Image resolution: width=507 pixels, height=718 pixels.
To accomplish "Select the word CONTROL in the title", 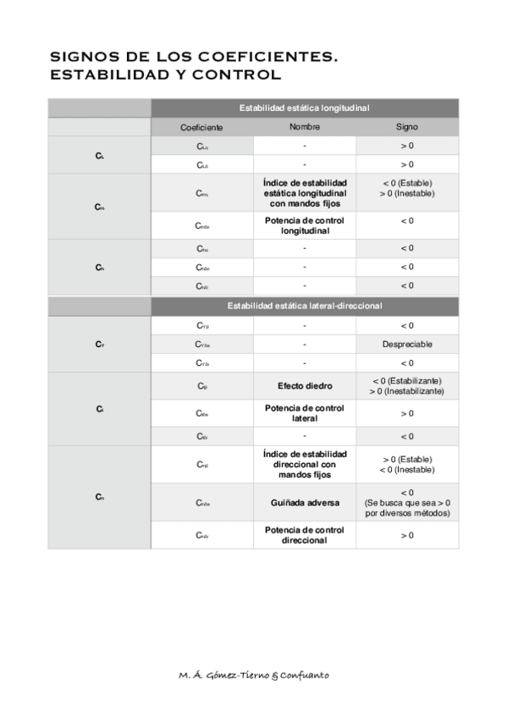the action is (x=240, y=75).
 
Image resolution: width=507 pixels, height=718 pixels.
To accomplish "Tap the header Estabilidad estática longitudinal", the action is (x=304, y=108).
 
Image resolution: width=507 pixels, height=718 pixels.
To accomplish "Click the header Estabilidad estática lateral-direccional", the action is (x=304, y=305).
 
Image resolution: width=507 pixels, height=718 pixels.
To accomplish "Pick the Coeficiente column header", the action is (x=201, y=127).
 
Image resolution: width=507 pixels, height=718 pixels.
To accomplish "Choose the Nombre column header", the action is (x=304, y=127).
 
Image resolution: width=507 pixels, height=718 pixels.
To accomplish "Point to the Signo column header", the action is (x=406, y=127).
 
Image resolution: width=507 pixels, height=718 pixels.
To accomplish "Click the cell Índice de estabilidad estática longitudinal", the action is (x=304, y=193).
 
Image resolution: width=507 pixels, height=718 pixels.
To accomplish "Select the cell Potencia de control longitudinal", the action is (x=304, y=225).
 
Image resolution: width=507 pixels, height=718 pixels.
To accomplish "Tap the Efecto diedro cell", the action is (x=304, y=385).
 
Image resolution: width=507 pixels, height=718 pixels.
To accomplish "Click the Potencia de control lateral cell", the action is (x=304, y=413).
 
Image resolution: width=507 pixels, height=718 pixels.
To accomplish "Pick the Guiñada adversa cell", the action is (x=304, y=503).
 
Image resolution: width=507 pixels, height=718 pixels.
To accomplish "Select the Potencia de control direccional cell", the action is (x=304, y=535).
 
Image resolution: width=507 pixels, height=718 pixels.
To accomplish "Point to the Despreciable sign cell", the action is (x=406, y=345).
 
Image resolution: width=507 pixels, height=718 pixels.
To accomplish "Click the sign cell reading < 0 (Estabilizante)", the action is (x=406, y=380).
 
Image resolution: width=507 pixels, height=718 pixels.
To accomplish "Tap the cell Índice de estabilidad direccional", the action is (x=304, y=465).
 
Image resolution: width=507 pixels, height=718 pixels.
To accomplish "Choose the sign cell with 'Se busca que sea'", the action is (x=406, y=503).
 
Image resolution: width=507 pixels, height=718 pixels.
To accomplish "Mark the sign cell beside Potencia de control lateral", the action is (x=406, y=413).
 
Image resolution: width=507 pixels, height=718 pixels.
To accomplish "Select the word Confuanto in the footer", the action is (x=304, y=675).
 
